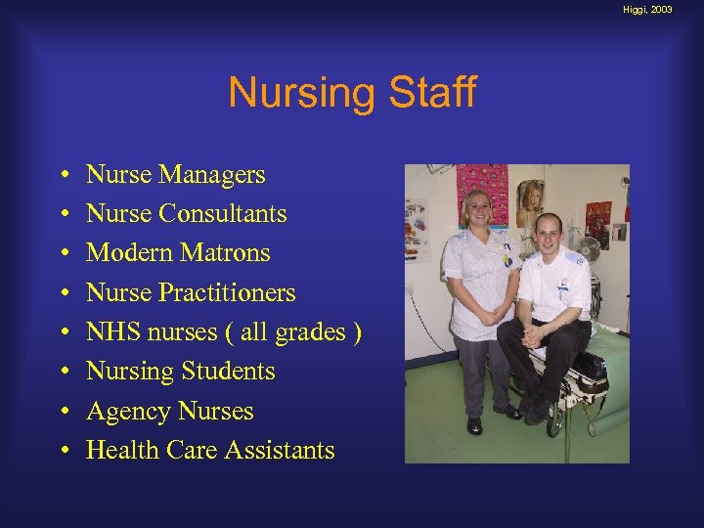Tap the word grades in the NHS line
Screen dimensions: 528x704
(x=310, y=333)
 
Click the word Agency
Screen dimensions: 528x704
(x=122, y=412)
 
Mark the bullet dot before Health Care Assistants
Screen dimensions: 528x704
(x=63, y=451)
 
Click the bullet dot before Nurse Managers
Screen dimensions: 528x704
(x=63, y=176)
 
